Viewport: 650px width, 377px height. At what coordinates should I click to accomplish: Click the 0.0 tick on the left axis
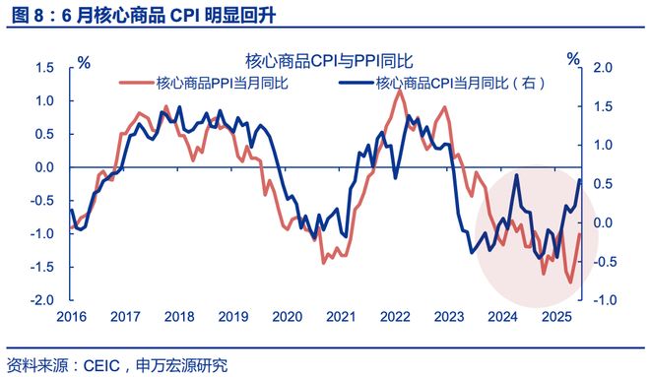click(42, 167)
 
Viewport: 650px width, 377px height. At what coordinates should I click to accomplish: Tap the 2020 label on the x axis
click(285, 318)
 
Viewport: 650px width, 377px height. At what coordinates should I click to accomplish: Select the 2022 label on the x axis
click(393, 318)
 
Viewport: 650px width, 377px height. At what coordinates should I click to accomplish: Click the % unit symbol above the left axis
click(84, 61)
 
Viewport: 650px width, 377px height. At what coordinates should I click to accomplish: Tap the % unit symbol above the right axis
click(573, 60)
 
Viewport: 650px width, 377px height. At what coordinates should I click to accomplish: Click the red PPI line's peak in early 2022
click(398, 92)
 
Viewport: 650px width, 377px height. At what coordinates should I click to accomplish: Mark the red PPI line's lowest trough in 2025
click(569, 283)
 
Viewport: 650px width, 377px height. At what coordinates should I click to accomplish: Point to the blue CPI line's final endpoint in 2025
click(580, 179)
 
